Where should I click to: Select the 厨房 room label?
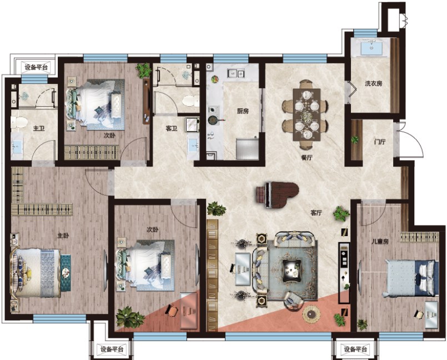243,111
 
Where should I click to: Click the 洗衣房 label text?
374,83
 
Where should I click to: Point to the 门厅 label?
380,142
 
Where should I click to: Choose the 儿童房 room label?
380,241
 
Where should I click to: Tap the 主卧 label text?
63,236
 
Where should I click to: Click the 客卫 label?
172,129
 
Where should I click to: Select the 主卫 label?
39,128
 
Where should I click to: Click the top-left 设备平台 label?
36,67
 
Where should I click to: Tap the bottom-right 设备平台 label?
355,349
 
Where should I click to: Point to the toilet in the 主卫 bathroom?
19,122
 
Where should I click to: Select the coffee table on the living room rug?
292,268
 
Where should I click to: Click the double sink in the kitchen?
236,73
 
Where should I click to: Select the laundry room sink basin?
371,48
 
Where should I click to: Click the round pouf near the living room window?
312,314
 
